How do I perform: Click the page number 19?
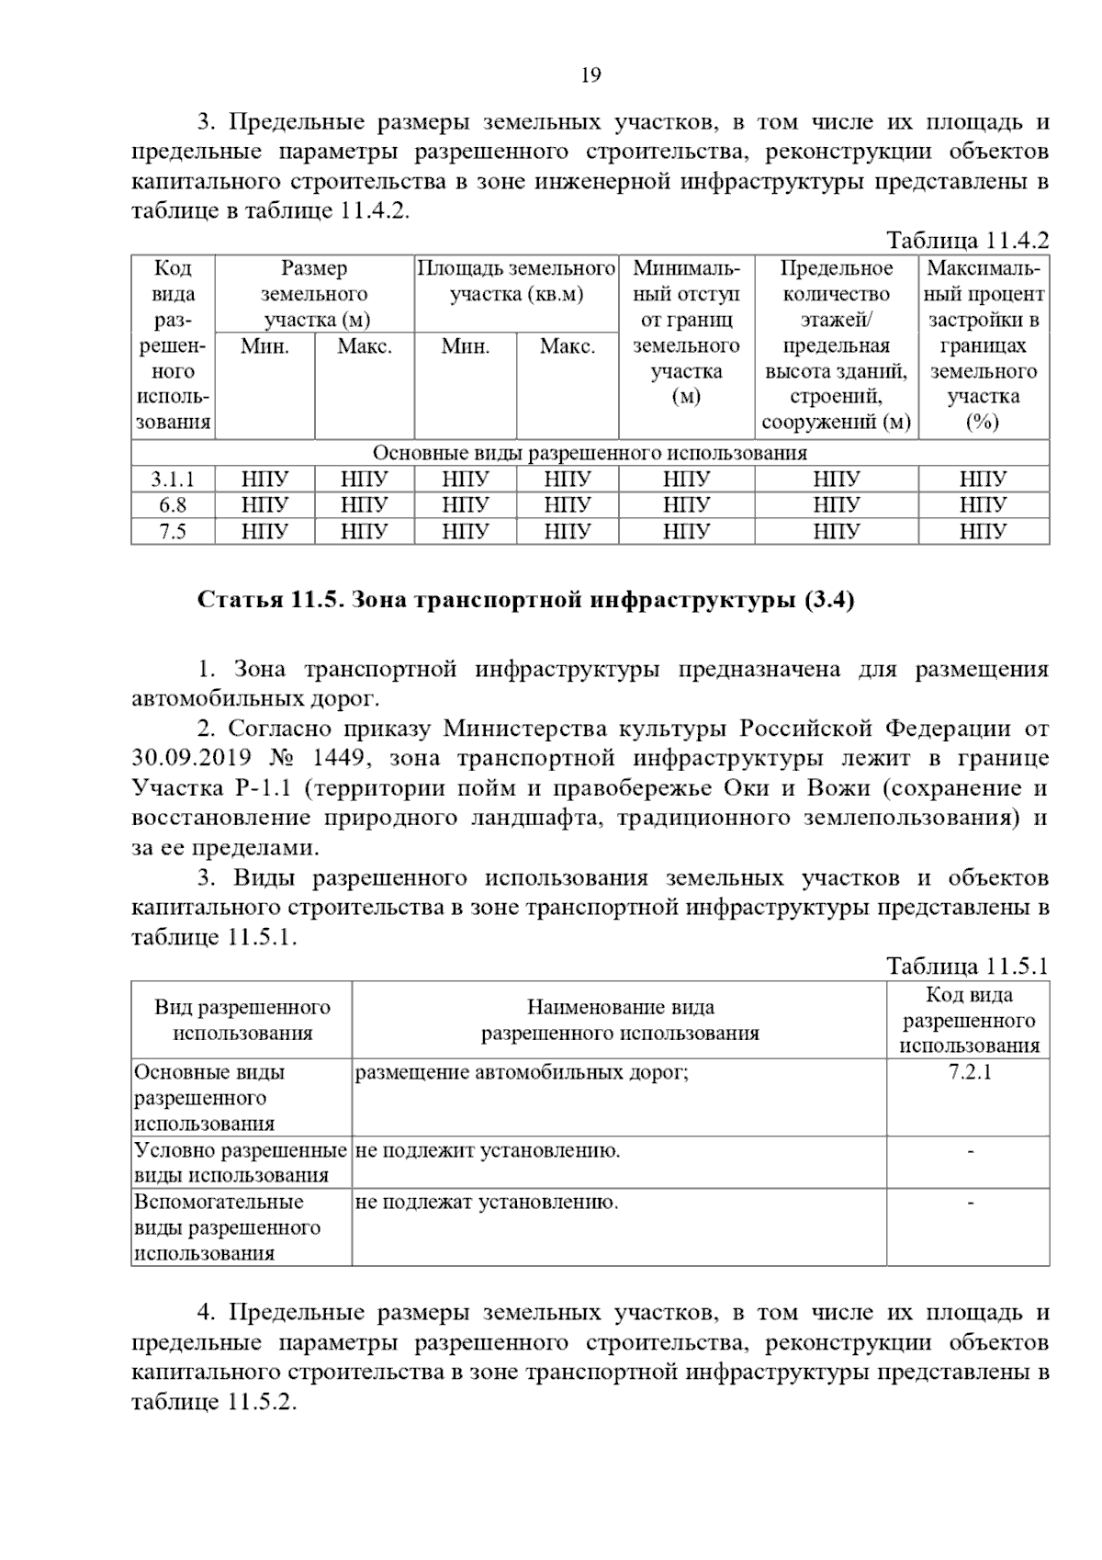pyautogui.click(x=590, y=75)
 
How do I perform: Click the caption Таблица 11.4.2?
pyautogui.click(x=967, y=241)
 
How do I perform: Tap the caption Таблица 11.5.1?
pyautogui.click(x=967, y=966)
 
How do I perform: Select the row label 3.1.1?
pyautogui.click(x=173, y=479)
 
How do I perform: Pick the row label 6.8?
pyautogui.click(x=173, y=504)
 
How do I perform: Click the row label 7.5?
pyautogui.click(x=173, y=530)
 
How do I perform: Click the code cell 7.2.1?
pyautogui.click(x=969, y=1072)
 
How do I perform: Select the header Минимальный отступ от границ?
pyautogui.click(x=686, y=333)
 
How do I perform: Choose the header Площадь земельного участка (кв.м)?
pyautogui.click(x=516, y=282)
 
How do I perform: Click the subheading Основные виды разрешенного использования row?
pyautogui.click(x=590, y=453)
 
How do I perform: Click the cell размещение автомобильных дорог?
pyautogui.click(x=522, y=1072)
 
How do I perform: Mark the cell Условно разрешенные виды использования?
pyautogui.click(x=241, y=1162)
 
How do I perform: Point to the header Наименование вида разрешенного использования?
pyautogui.click(x=620, y=1020)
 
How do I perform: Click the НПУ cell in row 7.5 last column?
pyautogui.click(x=984, y=530)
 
